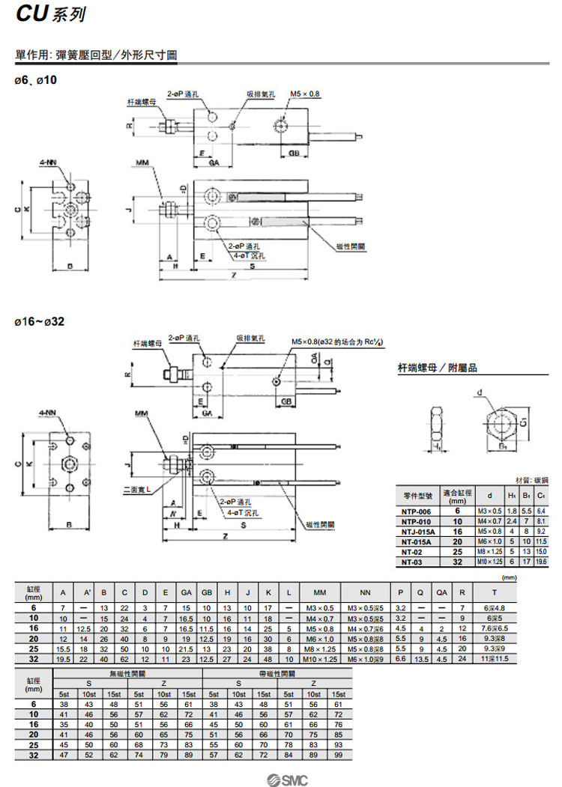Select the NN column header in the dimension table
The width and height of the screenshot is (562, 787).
(x=366, y=591)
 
